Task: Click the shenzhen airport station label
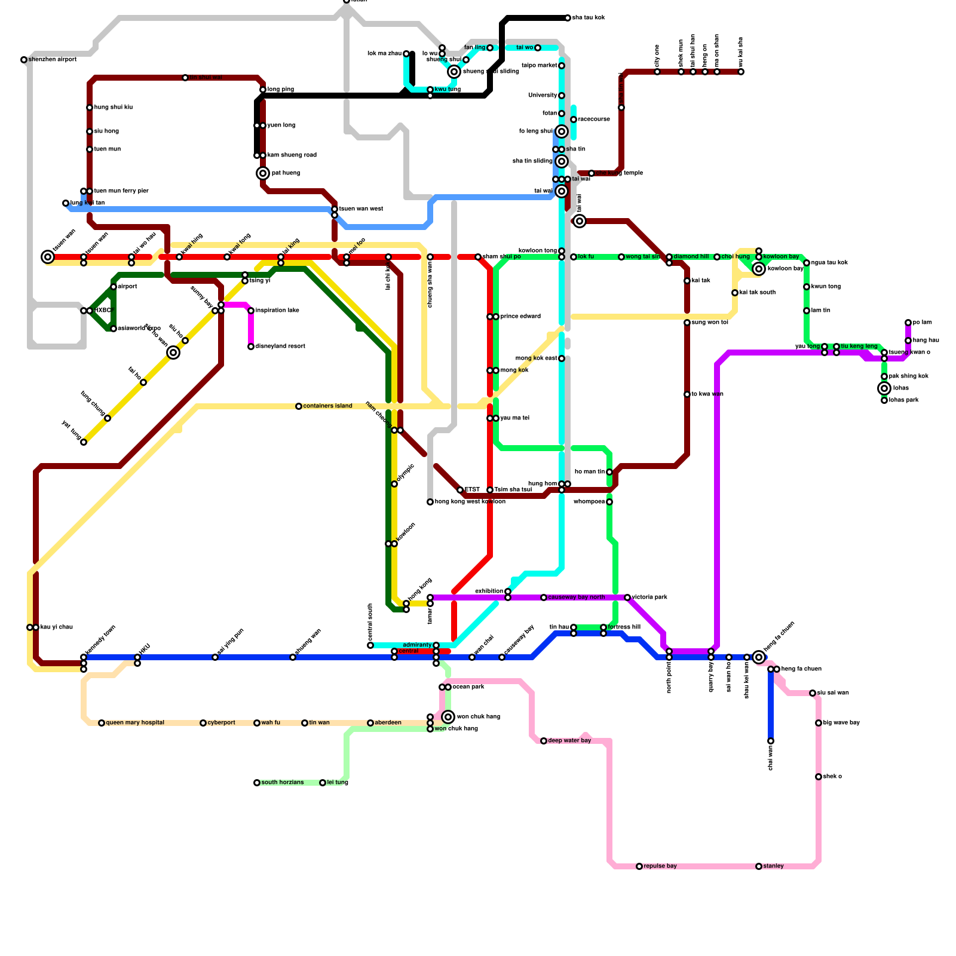point(53,60)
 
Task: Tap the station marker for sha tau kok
point(568,18)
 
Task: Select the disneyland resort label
point(280,347)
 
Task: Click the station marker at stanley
point(759,866)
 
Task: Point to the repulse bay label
point(660,866)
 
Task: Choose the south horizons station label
point(282,783)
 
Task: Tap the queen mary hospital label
point(135,723)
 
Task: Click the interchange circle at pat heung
point(263,173)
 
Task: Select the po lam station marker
point(908,323)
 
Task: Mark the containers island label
point(327,406)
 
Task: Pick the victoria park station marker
point(627,597)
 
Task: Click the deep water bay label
point(569,741)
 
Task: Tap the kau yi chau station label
point(57,627)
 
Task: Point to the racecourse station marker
point(574,119)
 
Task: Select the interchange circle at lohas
point(884,388)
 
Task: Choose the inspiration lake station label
point(277,311)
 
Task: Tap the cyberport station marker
point(203,723)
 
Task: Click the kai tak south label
point(758,293)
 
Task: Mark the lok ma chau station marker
point(406,54)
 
